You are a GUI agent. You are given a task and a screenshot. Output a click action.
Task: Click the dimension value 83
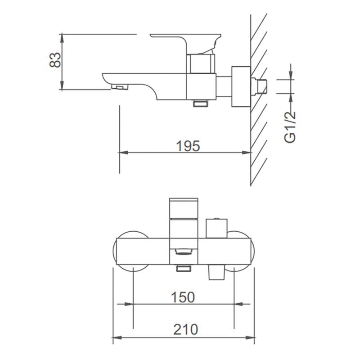tap(55, 60)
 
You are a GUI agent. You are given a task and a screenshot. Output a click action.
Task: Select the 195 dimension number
tap(188, 146)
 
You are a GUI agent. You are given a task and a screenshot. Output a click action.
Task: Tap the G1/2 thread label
tap(290, 127)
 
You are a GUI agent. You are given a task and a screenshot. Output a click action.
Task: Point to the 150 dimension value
tap(183, 297)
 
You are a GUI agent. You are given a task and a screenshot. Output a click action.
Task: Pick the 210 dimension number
tap(185, 330)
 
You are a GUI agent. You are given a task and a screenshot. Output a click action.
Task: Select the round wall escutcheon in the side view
tap(241, 86)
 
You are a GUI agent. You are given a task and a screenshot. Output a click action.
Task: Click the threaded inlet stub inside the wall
tap(259, 86)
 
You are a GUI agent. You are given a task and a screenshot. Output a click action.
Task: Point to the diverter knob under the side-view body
tap(201, 103)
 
